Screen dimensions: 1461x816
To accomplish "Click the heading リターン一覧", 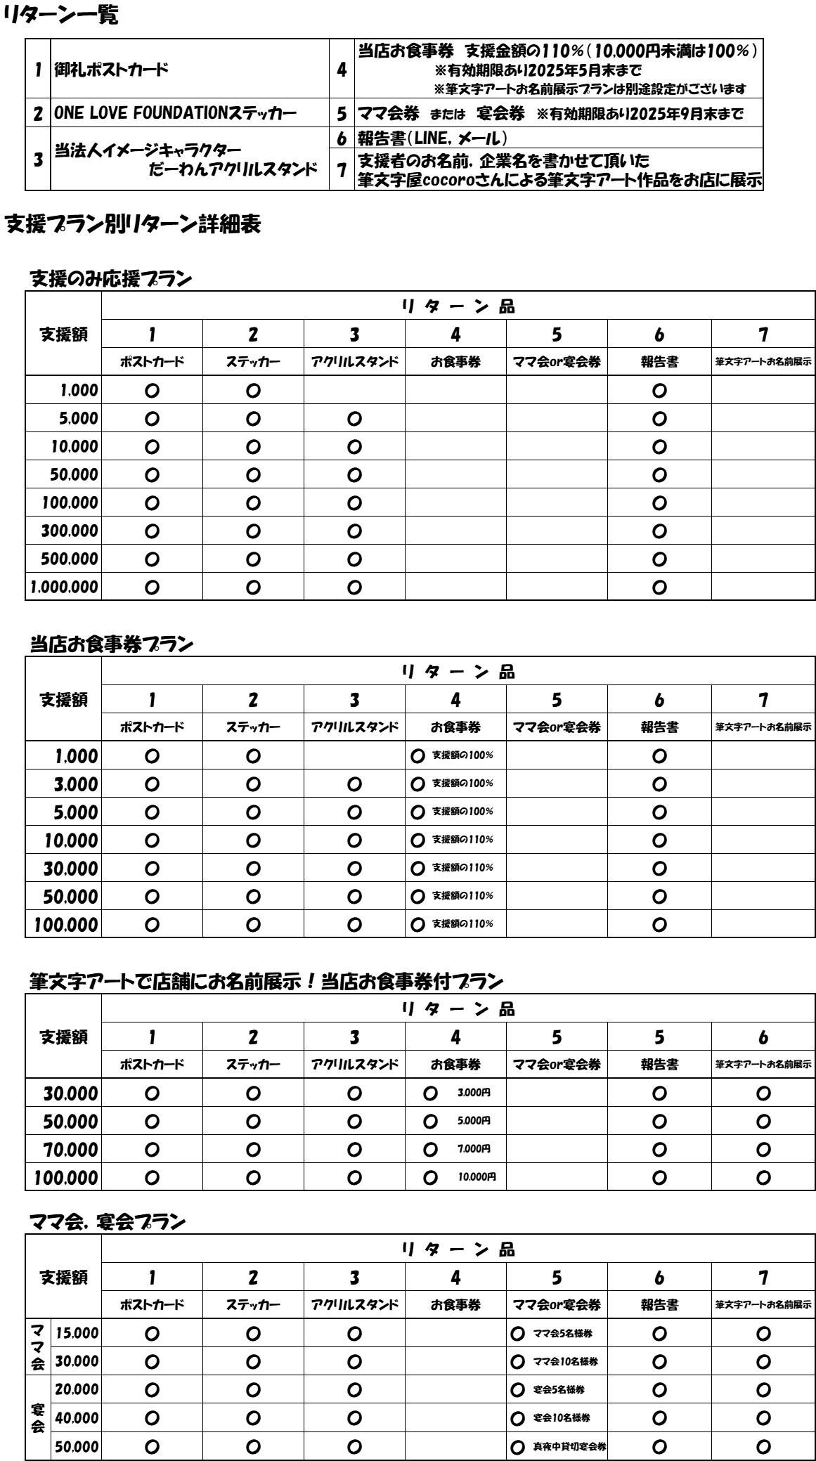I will (60, 15).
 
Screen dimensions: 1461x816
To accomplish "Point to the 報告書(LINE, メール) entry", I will (432, 138).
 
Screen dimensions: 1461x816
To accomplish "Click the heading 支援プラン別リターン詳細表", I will (133, 224).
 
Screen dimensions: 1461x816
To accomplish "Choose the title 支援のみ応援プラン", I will (111, 279).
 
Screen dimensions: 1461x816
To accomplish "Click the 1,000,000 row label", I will (63, 587).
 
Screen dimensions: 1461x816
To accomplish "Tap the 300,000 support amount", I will (69, 531).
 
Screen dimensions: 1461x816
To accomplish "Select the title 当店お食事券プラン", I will (111, 644).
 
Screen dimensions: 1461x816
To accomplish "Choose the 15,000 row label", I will (77, 1333).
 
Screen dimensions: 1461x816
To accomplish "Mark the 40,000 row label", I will (77, 1417).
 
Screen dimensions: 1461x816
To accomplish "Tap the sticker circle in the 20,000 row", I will (254, 1389).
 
